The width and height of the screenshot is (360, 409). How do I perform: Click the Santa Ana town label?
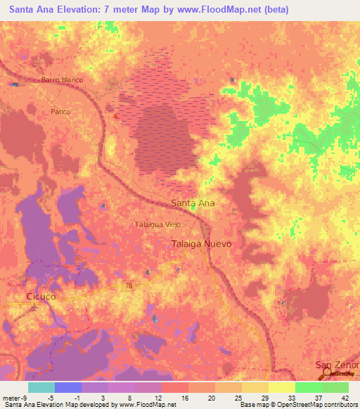(193, 202)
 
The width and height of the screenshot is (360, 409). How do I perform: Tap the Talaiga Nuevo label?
(202, 243)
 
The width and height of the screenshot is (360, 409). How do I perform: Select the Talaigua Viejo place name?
(157, 224)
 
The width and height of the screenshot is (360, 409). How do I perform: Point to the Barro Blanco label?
(62, 80)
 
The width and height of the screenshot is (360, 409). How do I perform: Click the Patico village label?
(61, 112)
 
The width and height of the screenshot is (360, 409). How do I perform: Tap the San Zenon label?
(337, 365)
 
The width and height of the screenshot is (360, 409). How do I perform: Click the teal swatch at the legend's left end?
(41, 387)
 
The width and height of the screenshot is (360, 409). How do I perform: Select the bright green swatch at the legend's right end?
(335, 387)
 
